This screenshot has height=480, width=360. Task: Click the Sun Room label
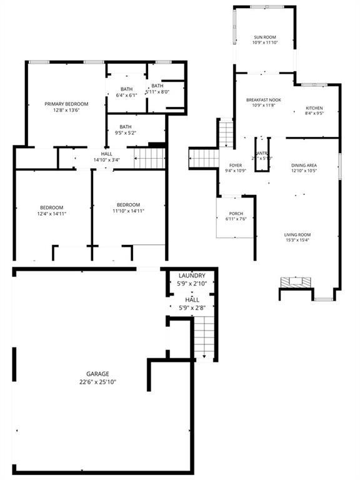pos(264,37)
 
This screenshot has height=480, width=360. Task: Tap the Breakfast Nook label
pos(263,100)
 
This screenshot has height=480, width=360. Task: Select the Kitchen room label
pos(314,108)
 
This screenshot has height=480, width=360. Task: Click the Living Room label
pos(297,235)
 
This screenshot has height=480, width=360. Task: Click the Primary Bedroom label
pos(66,104)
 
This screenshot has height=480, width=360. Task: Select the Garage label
pos(97,374)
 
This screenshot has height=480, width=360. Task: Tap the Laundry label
pos(192,276)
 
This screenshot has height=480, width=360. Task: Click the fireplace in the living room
pos(295,282)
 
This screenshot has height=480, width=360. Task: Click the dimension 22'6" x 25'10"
pos(97,382)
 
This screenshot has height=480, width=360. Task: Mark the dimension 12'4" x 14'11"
pos(52,214)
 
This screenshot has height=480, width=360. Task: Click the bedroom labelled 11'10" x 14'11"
pos(128,208)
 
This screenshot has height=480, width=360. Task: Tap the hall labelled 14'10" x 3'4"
pos(106,156)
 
